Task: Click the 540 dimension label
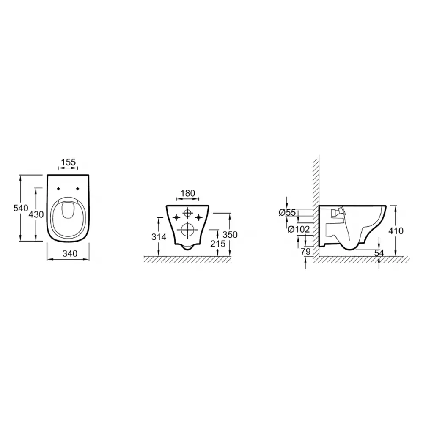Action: point(21,208)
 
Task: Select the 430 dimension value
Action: point(36,214)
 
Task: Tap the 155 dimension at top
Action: point(68,162)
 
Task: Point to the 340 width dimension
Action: point(70,253)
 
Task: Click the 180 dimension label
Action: point(187,193)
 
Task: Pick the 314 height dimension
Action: point(159,237)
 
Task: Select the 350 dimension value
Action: point(230,235)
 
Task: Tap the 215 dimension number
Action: point(218,244)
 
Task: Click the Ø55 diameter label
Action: point(288,213)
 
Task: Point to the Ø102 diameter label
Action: point(299,229)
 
